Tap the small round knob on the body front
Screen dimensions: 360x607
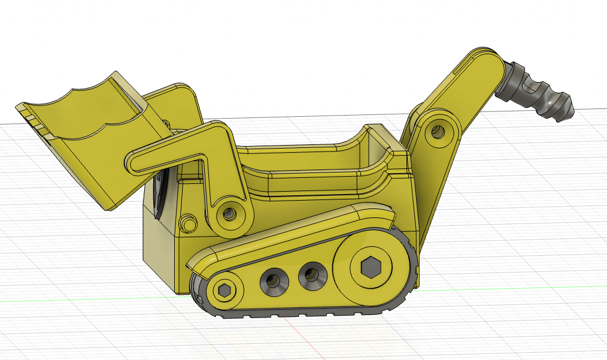(188, 223)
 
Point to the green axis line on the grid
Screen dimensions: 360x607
(90, 298)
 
